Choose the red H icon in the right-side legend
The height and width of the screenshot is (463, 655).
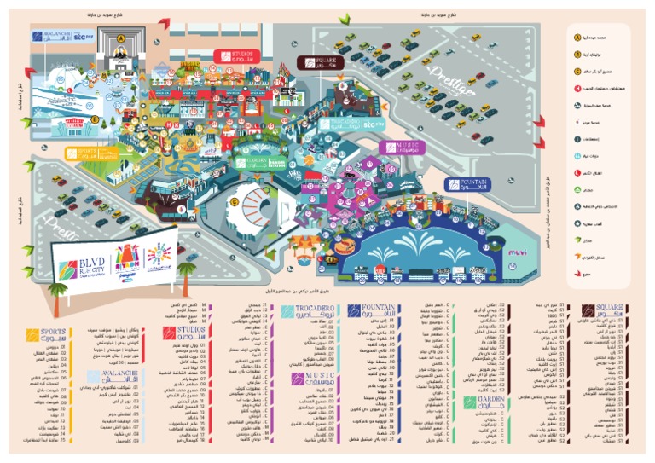click(x=578, y=88)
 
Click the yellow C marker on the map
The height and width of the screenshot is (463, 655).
click(x=232, y=200)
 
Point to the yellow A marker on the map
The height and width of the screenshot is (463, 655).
click(x=122, y=38)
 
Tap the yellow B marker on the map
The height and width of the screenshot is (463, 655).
click(x=96, y=119)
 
